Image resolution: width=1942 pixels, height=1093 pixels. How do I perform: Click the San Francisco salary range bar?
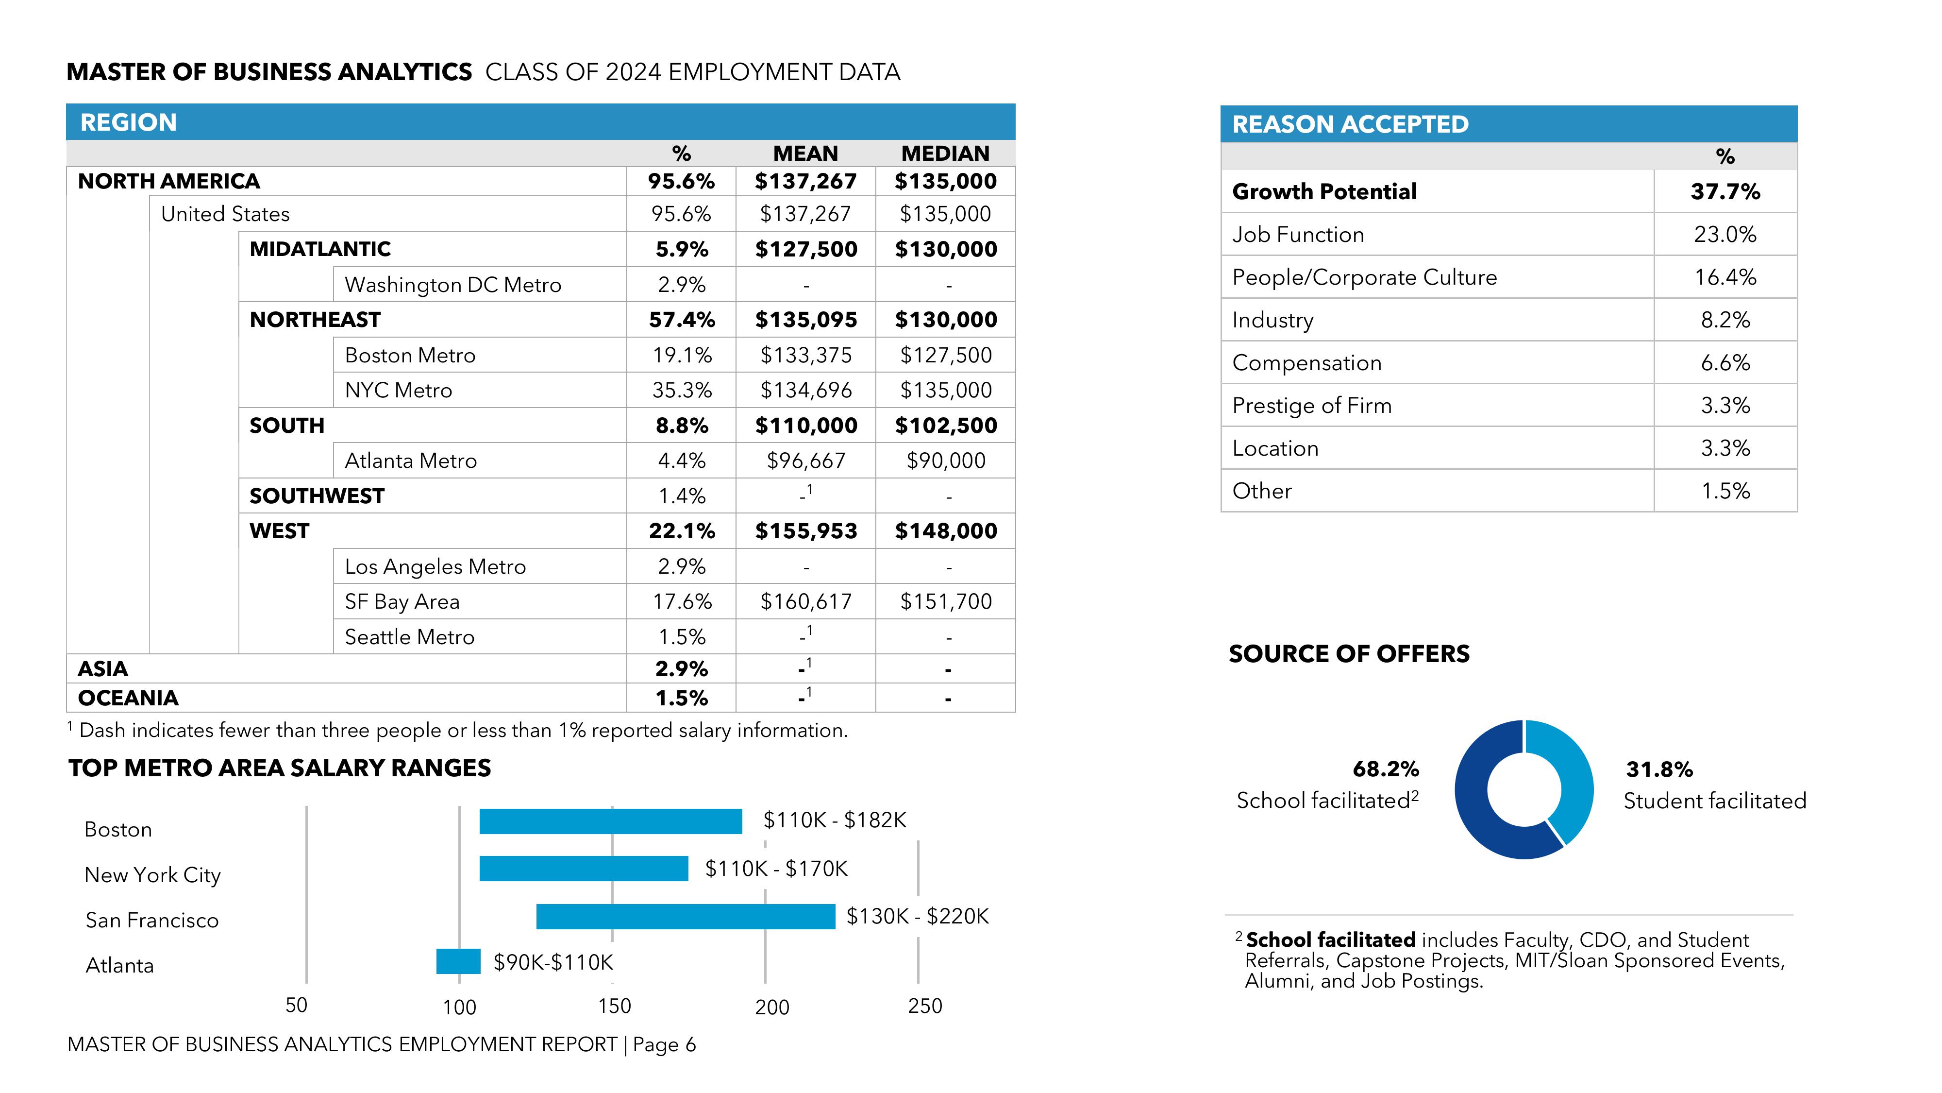[685, 917]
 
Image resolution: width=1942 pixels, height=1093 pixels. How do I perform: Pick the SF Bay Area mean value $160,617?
[806, 602]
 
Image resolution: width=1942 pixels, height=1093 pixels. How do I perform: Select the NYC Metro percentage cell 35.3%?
[682, 391]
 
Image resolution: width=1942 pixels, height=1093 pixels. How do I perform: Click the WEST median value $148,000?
[945, 531]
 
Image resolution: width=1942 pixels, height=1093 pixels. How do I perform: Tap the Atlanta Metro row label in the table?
[411, 461]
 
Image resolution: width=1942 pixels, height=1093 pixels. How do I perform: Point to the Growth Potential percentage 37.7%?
[1725, 191]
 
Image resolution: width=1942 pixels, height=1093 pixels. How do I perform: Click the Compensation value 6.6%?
[1725, 363]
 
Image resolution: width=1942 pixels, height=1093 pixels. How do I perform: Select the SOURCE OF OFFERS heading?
[1349, 654]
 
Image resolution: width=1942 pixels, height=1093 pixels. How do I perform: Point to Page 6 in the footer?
[664, 1045]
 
